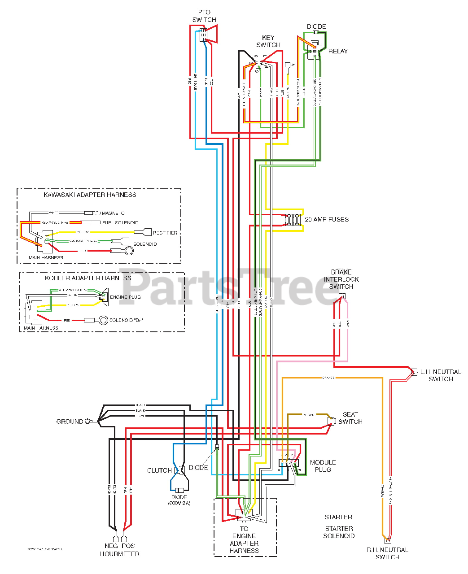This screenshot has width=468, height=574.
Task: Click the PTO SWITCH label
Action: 204,16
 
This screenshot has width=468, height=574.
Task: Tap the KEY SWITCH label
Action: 268,41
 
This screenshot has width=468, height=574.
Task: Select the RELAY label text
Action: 338,51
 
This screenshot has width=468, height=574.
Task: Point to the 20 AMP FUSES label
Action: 327,219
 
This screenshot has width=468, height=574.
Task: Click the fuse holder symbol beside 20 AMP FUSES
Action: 294,220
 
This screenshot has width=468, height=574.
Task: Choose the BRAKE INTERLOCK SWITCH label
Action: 341,279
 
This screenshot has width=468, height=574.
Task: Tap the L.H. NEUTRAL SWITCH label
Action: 441,375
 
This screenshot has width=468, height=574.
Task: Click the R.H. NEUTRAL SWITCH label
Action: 387,553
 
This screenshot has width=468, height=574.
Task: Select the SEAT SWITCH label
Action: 350,418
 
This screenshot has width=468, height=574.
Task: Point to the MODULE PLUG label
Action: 323,466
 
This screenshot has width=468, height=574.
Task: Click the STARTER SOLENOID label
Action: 339,532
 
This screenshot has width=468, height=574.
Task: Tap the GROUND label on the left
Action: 70,422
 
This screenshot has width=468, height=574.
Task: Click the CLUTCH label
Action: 159,470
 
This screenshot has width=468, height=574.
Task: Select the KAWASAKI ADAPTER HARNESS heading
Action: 90,195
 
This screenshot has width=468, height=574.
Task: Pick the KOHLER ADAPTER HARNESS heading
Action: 88,278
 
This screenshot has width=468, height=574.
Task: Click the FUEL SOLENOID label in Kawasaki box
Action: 120,222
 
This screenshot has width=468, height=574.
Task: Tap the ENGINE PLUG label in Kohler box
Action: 125,297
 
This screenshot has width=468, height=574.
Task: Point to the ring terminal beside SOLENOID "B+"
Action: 103,320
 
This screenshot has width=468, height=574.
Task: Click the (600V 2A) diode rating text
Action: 179,503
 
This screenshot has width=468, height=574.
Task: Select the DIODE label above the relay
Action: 316,26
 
